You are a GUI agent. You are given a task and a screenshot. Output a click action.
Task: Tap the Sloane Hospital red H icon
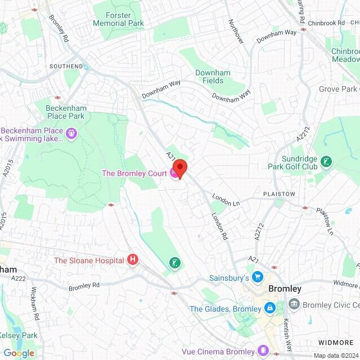tap(133, 260)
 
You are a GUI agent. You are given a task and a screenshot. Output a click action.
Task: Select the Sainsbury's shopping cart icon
tap(258, 277)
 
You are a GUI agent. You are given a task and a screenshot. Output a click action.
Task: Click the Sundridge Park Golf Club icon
tap(326, 163)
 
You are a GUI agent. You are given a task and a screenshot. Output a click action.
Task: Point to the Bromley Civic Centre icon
tap(294, 304)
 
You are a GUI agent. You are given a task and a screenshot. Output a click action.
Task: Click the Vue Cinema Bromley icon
tap(262, 348)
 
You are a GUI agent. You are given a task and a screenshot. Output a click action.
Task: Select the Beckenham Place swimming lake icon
tap(72, 133)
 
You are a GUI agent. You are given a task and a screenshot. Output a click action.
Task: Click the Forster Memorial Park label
tap(119, 19)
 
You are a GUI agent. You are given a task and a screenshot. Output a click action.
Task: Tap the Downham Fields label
tap(209, 76)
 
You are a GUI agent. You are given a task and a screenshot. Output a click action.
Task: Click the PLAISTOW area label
tap(279, 193)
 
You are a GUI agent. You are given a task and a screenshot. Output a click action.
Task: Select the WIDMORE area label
tap(336, 342)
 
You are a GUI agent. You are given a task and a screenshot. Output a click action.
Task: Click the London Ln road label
tap(226, 199)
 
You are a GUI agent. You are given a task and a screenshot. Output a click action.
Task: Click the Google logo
tap(19, 353)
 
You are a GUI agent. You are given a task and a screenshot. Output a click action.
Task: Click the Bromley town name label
tap(285, 289)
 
